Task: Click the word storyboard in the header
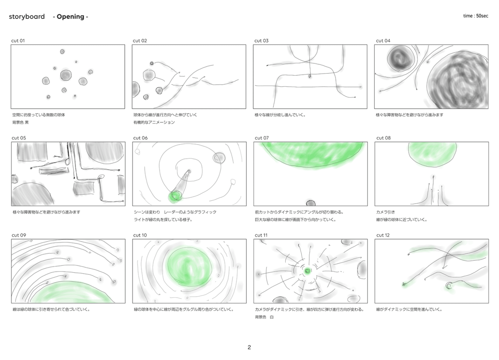tap(27, 17)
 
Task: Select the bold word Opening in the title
tap(71, 17)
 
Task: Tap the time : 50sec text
tap(476, 16)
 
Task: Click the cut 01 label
tap(18, 41)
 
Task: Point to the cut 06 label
tap(140, 138)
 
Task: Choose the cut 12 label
tap(383, 235)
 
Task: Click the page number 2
tap(249, 347)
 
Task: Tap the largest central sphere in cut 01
tap(66, 75)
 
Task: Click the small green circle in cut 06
tap(175, 197)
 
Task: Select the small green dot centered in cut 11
tap(308, 271)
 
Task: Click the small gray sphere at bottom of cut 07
tap(311, 203)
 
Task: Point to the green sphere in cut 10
tap(189, 267)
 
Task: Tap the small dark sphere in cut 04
tap(400, 57)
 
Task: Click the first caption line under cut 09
tap(51, 309)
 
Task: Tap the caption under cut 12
tap(409, 309)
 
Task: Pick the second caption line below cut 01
tap(21, 122)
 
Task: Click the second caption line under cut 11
tap(264, 317)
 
